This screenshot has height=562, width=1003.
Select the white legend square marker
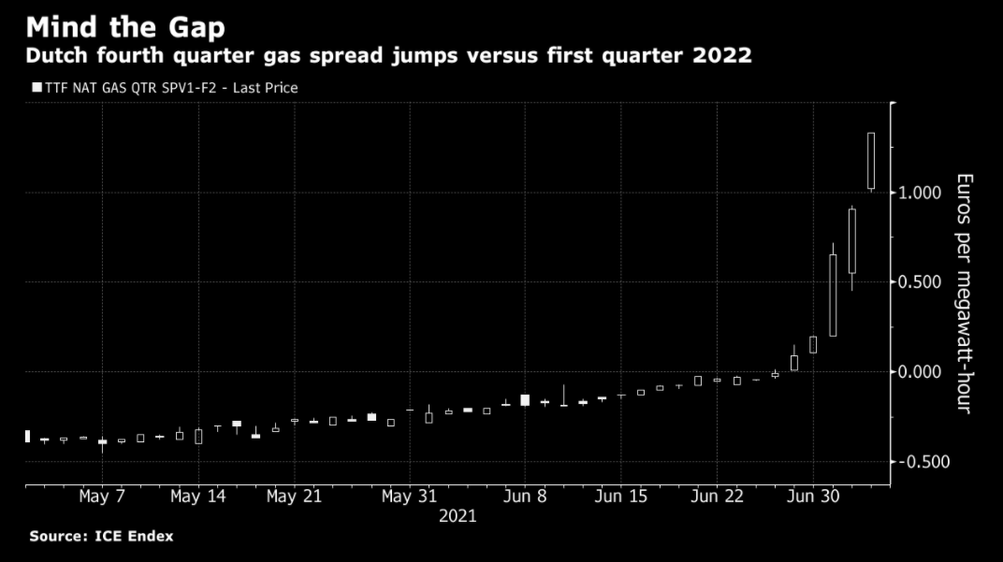tap(36, 88)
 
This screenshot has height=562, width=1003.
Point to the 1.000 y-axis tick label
tap(921, 193)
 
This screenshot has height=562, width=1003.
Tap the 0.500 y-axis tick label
tap(921, 282)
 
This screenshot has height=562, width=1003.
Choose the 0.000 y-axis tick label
tap(921, 372)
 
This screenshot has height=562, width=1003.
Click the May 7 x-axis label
tap(102, 497)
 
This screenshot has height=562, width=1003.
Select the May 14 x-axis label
tap(198, 497)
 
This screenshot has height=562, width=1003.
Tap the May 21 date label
tap(294, 497)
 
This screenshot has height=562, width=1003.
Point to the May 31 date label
tap(409, 497)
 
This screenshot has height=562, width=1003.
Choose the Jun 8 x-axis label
tap(524, 497)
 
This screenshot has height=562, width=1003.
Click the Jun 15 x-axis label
tap(620, 497)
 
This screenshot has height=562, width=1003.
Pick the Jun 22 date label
tap(717, 497)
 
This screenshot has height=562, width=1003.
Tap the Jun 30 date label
tap(813, 497)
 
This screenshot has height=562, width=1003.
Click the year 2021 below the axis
tap(458, 516)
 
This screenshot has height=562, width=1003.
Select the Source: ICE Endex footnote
tap(101, 537)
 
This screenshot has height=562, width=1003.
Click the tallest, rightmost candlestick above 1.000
tap(871, 161)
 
